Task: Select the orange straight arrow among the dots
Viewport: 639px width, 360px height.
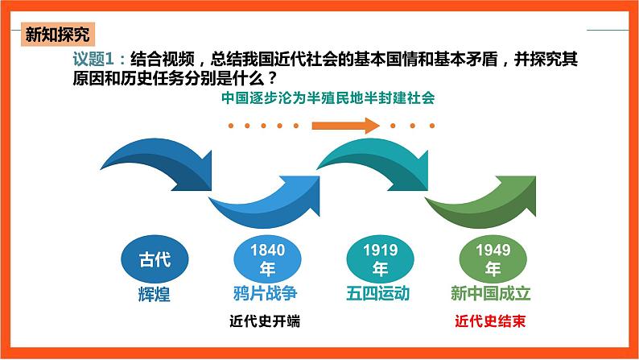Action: click(x=344, y=125)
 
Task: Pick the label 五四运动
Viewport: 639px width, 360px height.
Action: click(x=380, y=292)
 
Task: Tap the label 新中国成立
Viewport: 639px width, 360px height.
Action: click(x=492, y=292)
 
